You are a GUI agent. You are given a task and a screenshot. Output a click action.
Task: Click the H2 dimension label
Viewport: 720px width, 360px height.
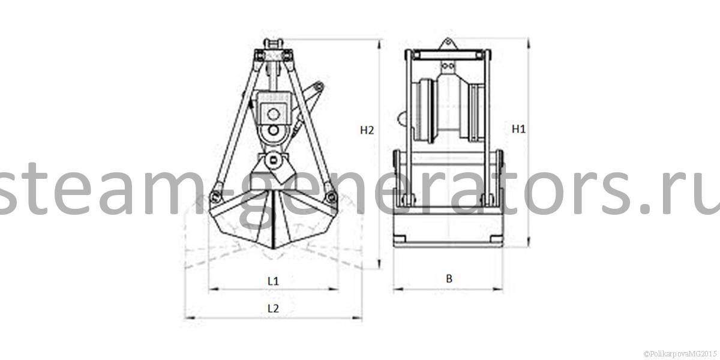(x=367, y=130)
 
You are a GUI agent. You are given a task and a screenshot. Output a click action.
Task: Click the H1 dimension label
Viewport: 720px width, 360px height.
(x=518, y=129)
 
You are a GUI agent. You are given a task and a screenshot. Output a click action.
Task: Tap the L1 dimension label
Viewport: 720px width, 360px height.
(x=273, y=281)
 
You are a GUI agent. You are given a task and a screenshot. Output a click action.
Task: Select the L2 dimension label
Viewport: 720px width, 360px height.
(x=273, y=308)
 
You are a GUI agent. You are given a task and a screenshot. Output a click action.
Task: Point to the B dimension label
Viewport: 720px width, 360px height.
(x=449, y=278)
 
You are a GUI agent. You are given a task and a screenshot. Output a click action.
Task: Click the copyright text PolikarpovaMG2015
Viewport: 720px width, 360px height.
(x=680, y=353)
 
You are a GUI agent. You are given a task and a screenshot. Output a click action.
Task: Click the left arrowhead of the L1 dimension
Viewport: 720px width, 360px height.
(x=214, y=289)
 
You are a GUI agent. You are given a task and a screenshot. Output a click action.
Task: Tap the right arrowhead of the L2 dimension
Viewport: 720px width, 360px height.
(x=357, y=318)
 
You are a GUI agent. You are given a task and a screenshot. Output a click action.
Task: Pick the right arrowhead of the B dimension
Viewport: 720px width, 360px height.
(x=497, y=289)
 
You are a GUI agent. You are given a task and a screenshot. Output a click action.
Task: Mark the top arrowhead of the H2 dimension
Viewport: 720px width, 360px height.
(x=380, y=44)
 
